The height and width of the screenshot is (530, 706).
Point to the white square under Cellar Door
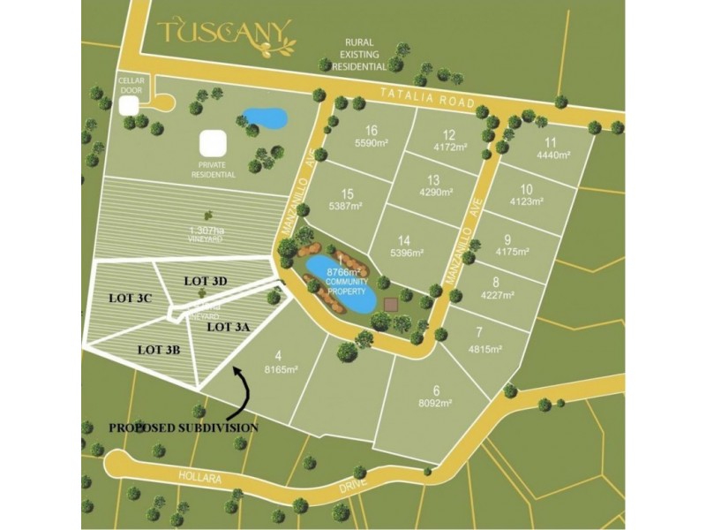tap(130, 105)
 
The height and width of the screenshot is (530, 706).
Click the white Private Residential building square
tap(212, 143)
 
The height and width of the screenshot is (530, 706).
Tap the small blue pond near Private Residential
tap(265, 117)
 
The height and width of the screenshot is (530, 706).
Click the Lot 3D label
tap(206, 280)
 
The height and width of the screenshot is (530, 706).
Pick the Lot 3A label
tap(229, 326)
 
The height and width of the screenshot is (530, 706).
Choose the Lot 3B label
tap(160, 349)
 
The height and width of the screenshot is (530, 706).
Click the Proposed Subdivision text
tap(184, 428)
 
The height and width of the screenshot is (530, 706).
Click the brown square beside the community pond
tap(392, 305)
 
